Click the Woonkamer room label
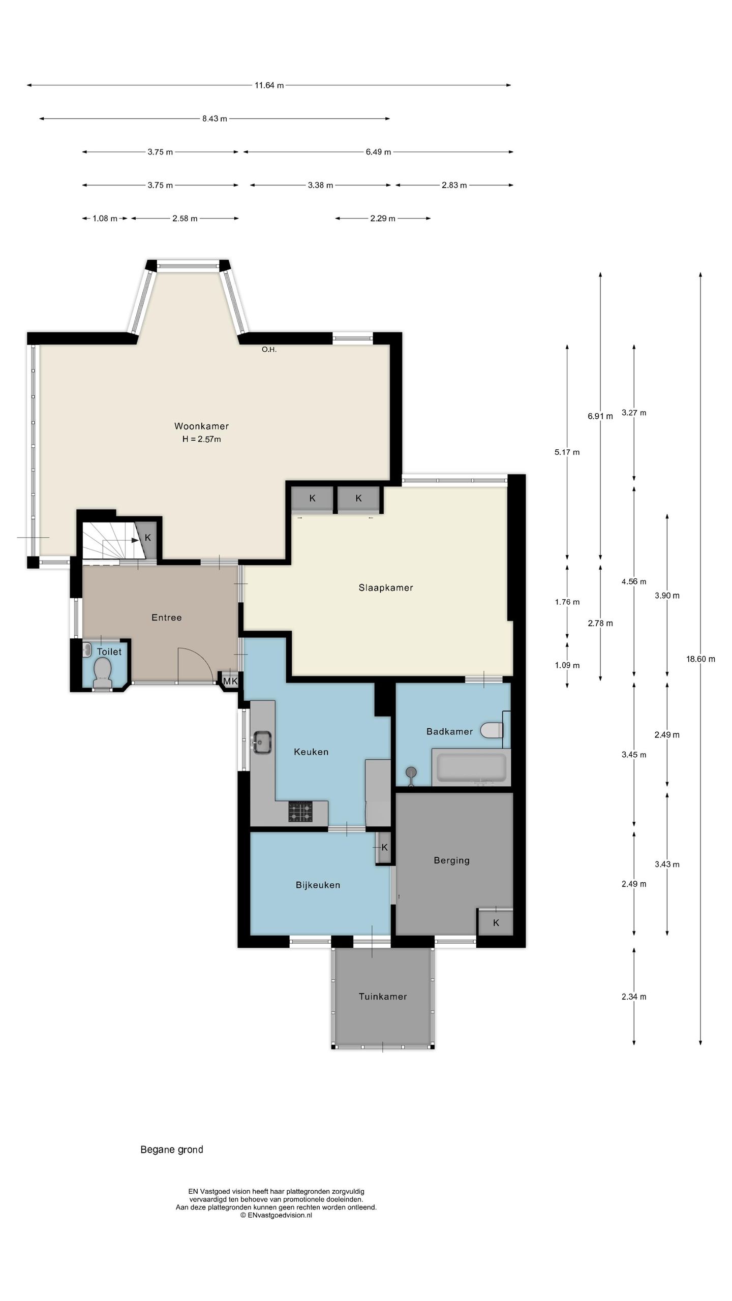coord(201,426)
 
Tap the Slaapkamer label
coord(386,587)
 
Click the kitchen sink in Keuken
coord(262,742)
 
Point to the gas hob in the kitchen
coord(301,811)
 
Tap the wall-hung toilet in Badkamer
coord(491,730)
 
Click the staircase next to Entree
coord(111,542)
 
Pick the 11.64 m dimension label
coord(269,85)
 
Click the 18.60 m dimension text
coord(700,659)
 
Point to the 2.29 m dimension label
coord(383,219)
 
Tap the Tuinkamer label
coord(383,996)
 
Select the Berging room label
coord(451,860)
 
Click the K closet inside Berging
coord(496,922)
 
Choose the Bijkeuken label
coord(318,885)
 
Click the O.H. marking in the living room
coord(269,350)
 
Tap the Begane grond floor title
coord(172,1135)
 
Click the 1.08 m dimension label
coord(105,219)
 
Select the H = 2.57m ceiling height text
coord(201,439)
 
